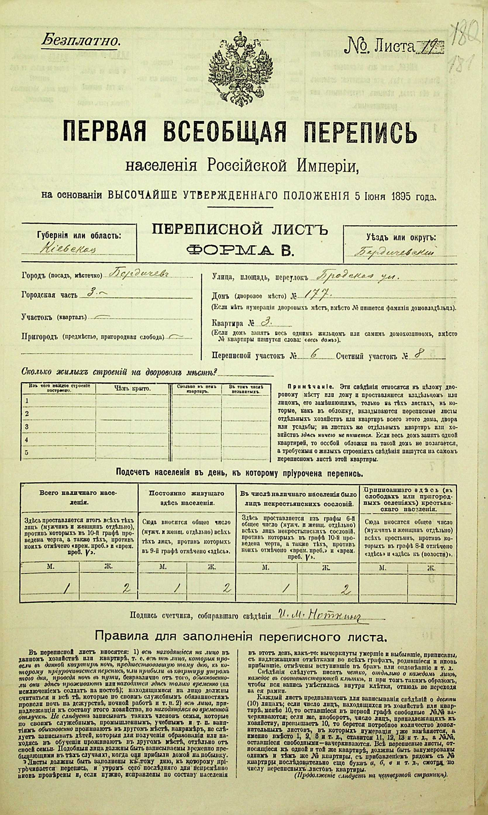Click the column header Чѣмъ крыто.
coord(133,389)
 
